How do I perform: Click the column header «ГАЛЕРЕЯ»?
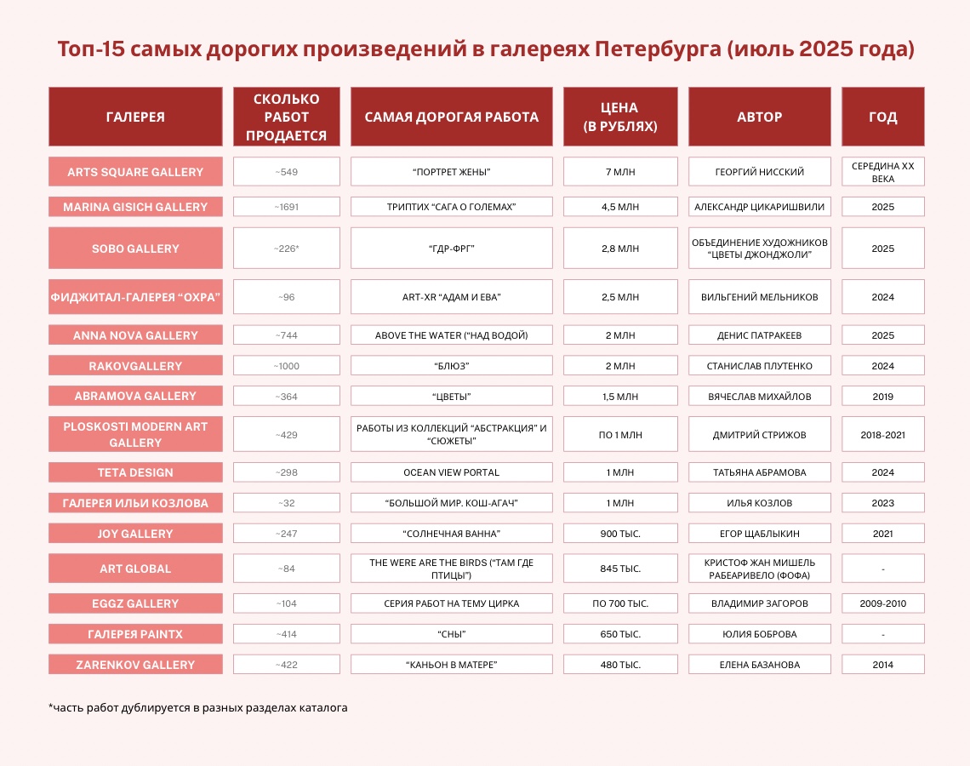135,117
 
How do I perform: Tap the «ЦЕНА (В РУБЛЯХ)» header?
620,117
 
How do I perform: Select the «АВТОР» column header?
760,117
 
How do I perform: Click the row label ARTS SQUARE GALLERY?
135,171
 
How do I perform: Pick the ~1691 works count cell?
287,207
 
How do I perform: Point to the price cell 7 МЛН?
620,171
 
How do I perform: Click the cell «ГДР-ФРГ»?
452,249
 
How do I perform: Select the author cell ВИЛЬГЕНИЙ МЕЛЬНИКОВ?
760,297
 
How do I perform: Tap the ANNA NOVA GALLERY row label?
135,335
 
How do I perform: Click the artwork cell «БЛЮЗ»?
452,366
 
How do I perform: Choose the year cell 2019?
882,396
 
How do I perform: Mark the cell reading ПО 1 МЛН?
620,434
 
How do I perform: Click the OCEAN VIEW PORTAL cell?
452,472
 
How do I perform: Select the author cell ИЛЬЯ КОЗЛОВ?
760,503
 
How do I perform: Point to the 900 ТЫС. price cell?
620,534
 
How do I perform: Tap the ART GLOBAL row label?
135,568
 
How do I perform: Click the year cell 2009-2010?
882,603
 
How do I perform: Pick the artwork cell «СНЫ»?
452,634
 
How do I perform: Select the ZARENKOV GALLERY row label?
135,665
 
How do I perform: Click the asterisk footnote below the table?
198,708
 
